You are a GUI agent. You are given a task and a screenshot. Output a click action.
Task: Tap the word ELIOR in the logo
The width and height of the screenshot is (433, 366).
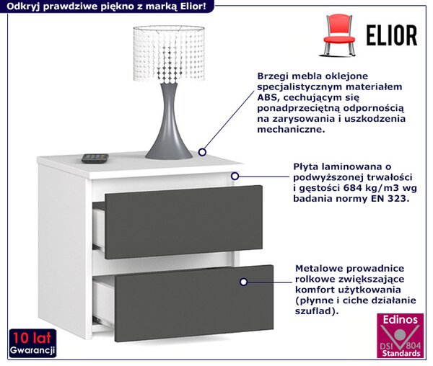[x=392, y=35]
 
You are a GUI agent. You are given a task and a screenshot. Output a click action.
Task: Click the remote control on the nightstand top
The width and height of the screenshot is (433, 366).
[x=95, y=159]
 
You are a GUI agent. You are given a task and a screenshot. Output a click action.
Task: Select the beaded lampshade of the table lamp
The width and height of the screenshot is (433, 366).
[x=169, y=53]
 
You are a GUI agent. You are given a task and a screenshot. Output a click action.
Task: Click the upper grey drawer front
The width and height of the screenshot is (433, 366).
[x=183, y=222]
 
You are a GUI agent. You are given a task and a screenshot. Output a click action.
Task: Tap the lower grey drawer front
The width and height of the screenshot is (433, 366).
[x=194, y=303]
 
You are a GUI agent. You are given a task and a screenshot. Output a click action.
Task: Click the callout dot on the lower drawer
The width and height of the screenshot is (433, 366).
[x=243, y=282]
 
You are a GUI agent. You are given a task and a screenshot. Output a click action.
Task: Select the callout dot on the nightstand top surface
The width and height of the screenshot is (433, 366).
[x=202, y=152]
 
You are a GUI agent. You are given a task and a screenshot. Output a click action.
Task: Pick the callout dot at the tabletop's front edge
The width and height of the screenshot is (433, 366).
[x=235, y=176]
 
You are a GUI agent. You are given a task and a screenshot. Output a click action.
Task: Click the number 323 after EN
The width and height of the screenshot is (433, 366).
[x=397, y=198]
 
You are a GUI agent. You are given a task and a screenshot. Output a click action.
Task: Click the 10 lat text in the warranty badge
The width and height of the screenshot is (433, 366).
[x=32, y=338]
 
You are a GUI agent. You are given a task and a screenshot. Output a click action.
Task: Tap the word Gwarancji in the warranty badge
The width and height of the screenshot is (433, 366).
[x=32, y=350]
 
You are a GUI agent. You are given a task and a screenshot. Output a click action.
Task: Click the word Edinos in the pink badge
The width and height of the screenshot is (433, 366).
[x=400, y=320]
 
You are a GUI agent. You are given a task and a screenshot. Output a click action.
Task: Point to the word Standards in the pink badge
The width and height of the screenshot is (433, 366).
[x=401, y=353]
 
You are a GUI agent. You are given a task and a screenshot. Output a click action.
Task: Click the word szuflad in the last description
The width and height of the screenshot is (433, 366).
[x=313, y=311]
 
